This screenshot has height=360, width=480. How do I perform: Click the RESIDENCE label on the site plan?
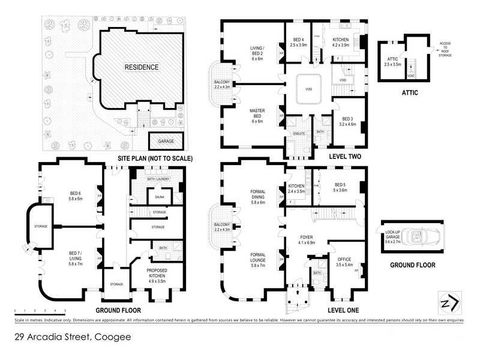[x=142, y=67]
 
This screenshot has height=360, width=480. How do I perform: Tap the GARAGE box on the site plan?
[x=166, y=142]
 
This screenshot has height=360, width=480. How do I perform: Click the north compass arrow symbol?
[x=450, y=302]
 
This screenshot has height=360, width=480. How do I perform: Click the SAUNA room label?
[x=159, y=196]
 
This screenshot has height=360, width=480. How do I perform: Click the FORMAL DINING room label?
[x=257, y=197]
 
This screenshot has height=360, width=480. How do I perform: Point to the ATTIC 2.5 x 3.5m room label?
[x=391, y=61]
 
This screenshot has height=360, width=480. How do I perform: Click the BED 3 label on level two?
[x=349, y=122]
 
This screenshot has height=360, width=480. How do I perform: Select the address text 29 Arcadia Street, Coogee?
[x=71, y=337]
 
